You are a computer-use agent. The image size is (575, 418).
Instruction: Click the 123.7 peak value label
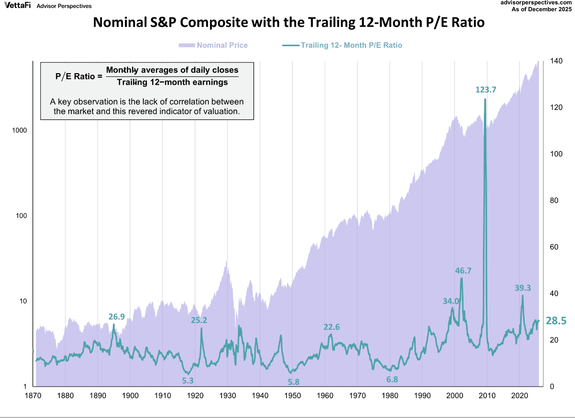point(485,90)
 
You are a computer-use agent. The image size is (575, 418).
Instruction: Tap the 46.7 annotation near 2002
point(463,271)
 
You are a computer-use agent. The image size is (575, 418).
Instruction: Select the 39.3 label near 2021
point(522,288)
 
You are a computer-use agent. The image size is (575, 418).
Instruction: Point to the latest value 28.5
point(556,321)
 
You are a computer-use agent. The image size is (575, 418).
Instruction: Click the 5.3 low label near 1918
point(188,381)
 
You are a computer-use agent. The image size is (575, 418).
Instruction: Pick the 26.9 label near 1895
point(116,317)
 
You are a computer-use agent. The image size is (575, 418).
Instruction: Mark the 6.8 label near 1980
point(392,379)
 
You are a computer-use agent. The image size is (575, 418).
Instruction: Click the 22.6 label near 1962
point(331,327)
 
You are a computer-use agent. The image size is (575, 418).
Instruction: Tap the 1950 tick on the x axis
point(292,396)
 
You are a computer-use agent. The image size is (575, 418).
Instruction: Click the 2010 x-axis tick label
point(487,396)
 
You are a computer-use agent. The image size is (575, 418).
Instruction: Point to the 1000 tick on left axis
point(19,130)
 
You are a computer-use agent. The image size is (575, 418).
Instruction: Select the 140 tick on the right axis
point(556,61)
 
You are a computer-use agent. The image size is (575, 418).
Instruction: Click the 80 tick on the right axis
point(554,200)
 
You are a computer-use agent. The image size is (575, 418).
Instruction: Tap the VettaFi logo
point(18,5)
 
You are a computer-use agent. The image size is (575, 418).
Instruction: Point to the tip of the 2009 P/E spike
point(485,99)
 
